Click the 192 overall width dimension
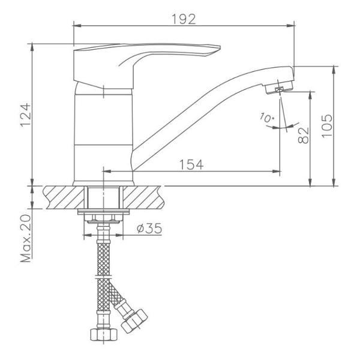coord(184,19)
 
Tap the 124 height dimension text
coord(26,115)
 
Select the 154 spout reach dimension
coord(191,164)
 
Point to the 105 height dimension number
coord(327,126)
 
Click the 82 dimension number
coord(304,135)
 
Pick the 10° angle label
coord(267,118)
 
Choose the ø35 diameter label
coord(149,228)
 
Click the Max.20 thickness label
coord(26,239)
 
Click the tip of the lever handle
coord(220,47)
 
